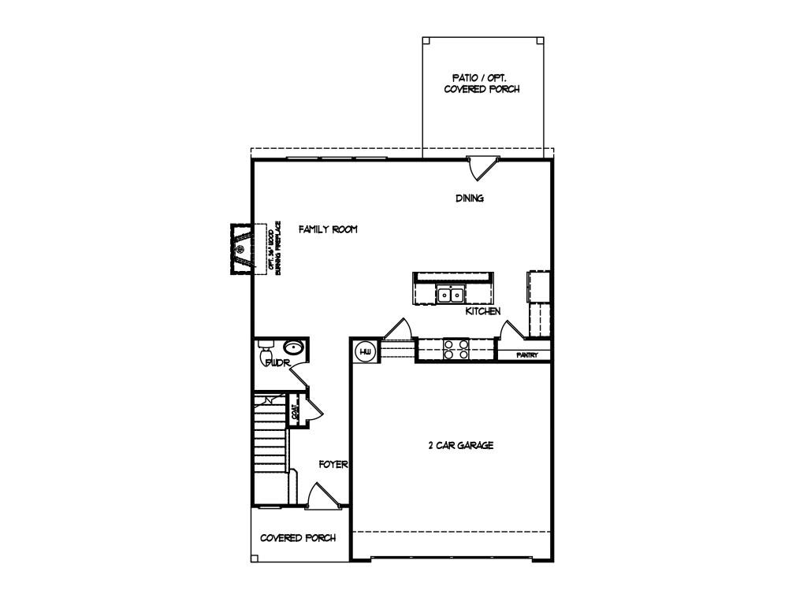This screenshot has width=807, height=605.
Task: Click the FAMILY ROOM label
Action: (328, 229)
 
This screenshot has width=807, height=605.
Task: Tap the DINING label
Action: (469, 199)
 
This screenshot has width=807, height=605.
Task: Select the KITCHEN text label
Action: (483, 312)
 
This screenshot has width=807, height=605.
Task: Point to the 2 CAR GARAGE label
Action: (460, 446)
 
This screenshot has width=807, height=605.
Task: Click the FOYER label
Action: (333, 465)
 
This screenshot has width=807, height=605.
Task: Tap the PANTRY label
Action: (526, 355)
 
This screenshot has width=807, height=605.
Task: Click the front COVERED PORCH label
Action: (298, 538)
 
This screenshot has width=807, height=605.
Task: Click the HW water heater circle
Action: (366, 351)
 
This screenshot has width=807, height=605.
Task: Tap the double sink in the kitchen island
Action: (450, 295)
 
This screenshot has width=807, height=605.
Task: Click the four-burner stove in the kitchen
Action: (456, 349)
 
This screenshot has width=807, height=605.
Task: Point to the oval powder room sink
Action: (294, 347)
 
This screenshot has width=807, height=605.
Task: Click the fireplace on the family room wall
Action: (240, 249)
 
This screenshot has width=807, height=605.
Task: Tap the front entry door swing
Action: (321, 496)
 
